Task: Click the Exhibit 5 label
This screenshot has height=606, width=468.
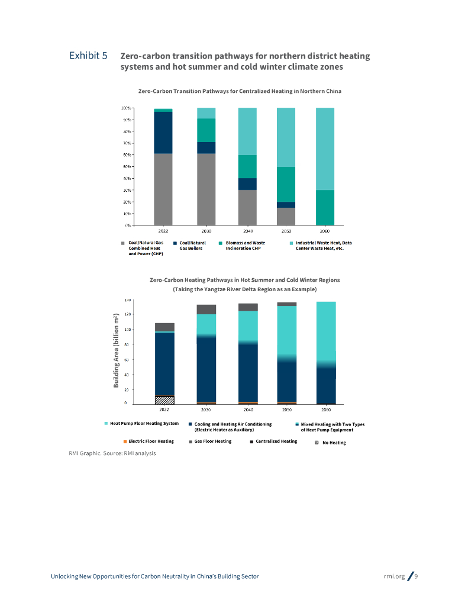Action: pyautogui.click(x=88, y=56)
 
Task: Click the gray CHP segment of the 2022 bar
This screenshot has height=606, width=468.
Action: pyautogui.click(x=163, y=189)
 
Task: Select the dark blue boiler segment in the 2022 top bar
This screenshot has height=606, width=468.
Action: pyautogui.click(x=163, y=133)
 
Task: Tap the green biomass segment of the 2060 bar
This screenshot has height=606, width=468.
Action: pyautogui.click(x=325, y=207)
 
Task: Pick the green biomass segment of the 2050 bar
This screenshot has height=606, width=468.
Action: pyautogui.click(x=286, y=184)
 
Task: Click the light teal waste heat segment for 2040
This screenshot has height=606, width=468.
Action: pyautogui.click(x=247, y=131)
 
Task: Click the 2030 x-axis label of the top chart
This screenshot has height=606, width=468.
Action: pyautogui.click(x=206, y=231)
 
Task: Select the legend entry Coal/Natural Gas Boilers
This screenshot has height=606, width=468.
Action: pyautogui.click(x=192, y=246)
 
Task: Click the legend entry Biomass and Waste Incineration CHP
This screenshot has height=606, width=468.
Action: pyautogui.click(x=245, y=246)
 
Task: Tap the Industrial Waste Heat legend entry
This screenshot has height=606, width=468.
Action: pyautogui.click(x=323, y=246)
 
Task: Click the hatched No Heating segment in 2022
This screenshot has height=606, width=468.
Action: pyautogui.click(x=163, y=400)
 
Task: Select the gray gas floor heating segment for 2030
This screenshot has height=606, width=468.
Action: pyautogui.click(x=206, y=309)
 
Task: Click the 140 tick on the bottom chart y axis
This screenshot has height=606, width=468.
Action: pyautogui.click(x=127, y=300)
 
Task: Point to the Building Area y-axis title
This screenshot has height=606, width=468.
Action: pyautogui.click(x=117, y=352)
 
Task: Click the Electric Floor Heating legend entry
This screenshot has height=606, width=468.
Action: pyautogui.click(x=151, y=441)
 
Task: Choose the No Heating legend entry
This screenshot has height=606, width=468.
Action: pyautogui.click(x=334, y=443)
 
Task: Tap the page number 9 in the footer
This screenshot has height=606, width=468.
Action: pyautogui.click(x=416, y=576)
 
